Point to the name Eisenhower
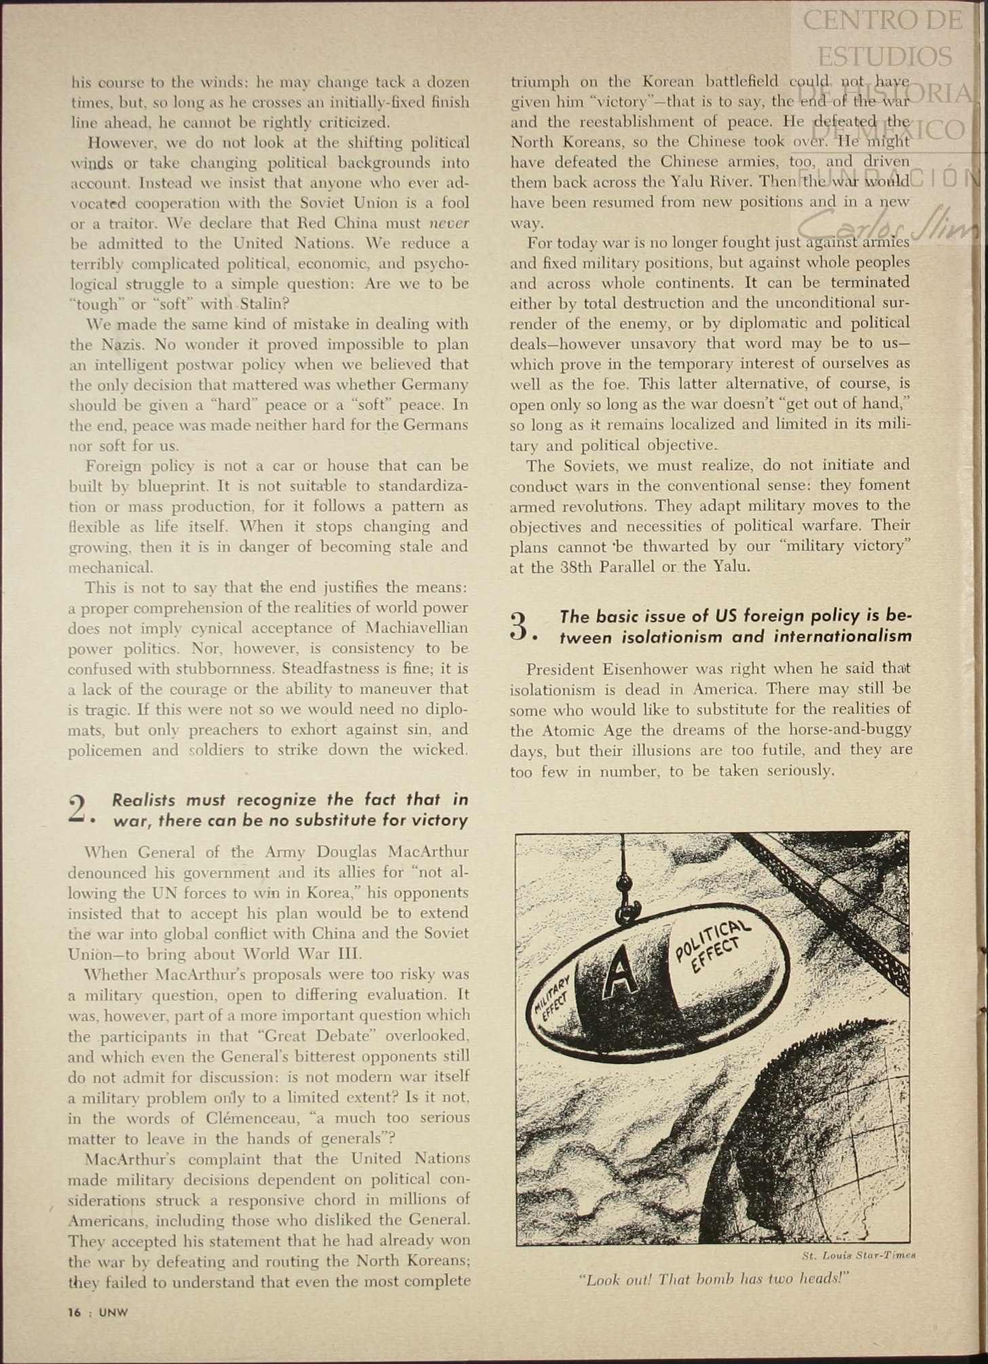(653, 669)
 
